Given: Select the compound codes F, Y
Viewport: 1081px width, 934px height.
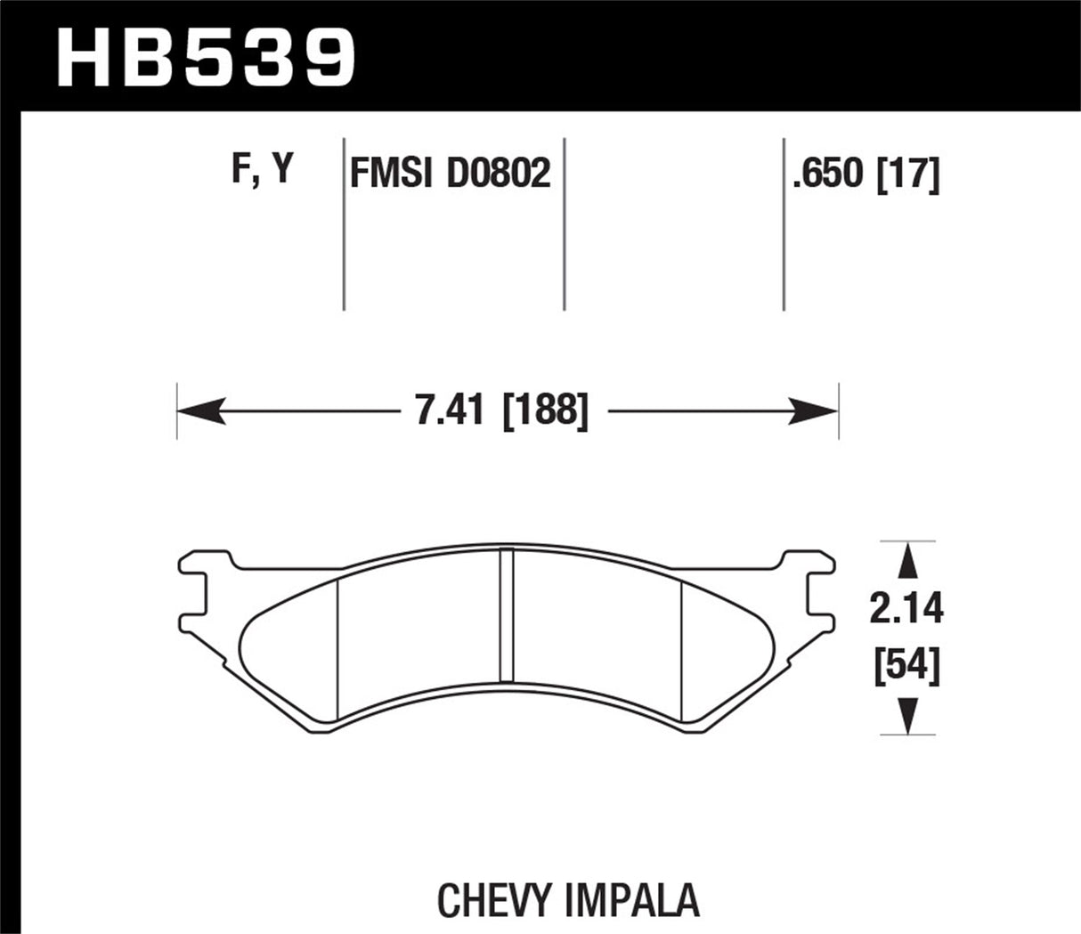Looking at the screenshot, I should pyautogui.click(x=262, y=169).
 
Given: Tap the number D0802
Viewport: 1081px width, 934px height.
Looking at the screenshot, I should pyautogui.click(x=499, y=173).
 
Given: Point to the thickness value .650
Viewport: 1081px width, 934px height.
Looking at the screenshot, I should pyautogui.click(x=829, y=175).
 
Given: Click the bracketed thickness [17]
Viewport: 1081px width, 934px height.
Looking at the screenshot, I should pyautogui.click(x=908, y=175).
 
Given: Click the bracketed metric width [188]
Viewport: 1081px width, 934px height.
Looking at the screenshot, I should pyautogui.click(x=545, y=412).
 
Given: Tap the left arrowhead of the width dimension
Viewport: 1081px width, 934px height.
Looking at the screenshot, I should pyautogui.click(x=198, y=412).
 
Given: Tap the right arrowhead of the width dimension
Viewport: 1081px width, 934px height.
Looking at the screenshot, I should pyautogui.click(x=817, y=412).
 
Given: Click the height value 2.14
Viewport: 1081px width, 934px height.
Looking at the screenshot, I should pyautogui.click(x=906, y=610).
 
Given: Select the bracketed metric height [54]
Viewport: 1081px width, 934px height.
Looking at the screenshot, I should pyautogui.click(x=906, y=665).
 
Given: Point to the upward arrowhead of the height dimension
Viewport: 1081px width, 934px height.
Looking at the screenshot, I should pyautogui.click(x=906, y=561).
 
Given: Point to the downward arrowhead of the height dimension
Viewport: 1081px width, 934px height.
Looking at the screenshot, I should pyautogui.click(x=906, y=716).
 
